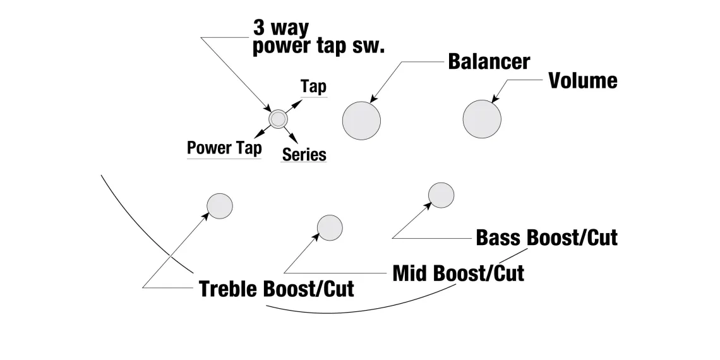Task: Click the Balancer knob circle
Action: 361,119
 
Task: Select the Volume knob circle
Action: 482,119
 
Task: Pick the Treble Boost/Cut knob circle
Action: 220,205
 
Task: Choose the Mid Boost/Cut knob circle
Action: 330,227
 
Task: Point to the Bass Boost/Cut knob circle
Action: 441,195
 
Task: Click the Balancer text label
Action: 489,61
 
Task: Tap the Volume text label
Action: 582,81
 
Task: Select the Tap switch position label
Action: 313,87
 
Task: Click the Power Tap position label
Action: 224,148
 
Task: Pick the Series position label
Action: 304,154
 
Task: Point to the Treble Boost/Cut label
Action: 276,289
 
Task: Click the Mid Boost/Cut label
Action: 458,273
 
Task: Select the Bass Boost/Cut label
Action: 546,237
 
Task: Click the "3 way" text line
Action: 280,28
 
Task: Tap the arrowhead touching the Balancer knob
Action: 373,99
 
